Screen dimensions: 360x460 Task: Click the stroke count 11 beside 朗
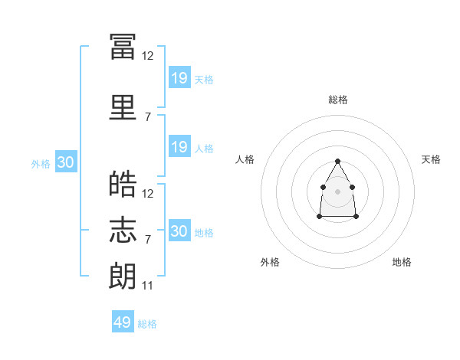[148, 285]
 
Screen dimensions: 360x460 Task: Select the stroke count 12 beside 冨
[148, 56]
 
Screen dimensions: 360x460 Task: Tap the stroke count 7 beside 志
[148, 240]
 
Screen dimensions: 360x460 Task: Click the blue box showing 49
[123, 322]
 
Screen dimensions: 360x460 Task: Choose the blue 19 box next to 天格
[179, 77]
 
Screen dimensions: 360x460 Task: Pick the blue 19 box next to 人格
[179, 147]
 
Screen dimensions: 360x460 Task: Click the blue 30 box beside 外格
[65, 162]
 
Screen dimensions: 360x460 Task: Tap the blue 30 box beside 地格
[179, 231]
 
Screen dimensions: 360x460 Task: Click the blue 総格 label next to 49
[147, 324]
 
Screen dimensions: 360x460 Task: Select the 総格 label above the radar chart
[337, 100]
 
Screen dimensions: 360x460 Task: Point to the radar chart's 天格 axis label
[431, 159]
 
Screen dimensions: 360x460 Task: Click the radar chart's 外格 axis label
[270, 262]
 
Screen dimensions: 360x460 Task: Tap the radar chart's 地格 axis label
[402, 262]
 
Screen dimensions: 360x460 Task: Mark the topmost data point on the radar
[337, 161]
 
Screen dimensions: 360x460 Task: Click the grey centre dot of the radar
[337, 190]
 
